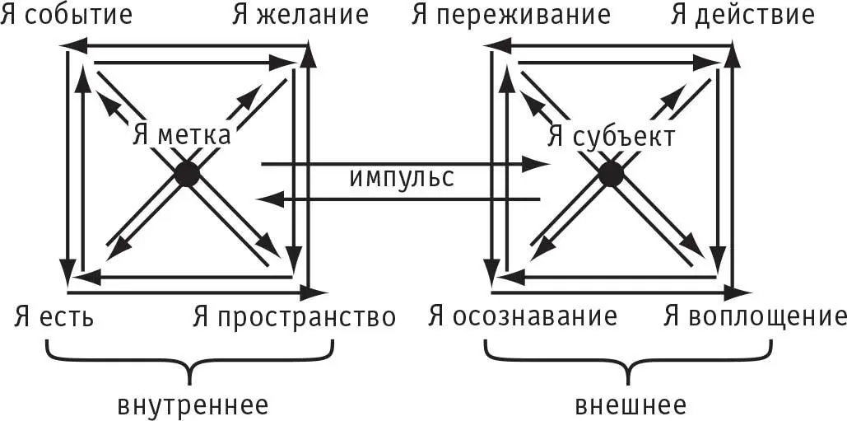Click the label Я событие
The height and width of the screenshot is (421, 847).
[x=67, y=15]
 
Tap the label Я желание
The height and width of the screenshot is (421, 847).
[x=300, y=15]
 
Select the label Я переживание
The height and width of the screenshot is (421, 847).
[x=510, y=15]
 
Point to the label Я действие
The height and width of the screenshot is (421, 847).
[x=742, y=15]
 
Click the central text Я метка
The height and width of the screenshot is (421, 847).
[x=181, y=135]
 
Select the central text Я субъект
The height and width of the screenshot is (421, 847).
[x=612, y=136]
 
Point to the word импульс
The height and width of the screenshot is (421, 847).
[x=401, y=178]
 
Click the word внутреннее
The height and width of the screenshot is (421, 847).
[x=193, y=405]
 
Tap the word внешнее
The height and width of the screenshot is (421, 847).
[x=631, y=405]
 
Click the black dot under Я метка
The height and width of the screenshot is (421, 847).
[x=187, y=174]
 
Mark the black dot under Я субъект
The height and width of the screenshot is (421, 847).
[x=610, y=174]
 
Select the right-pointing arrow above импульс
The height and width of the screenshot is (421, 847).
[x=403, y=165]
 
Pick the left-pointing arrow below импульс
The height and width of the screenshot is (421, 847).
[x=399, y=199]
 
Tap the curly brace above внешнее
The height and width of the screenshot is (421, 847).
[x=630, y=363]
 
